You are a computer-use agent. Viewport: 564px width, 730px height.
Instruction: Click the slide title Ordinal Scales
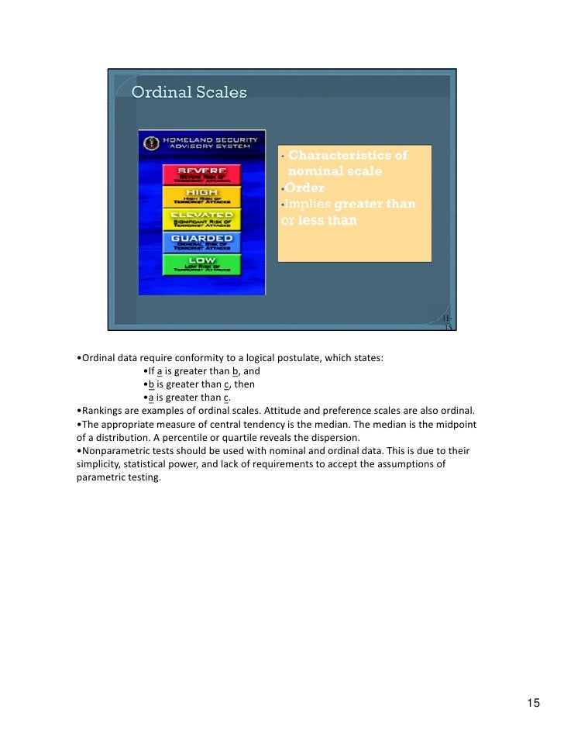(189, 93)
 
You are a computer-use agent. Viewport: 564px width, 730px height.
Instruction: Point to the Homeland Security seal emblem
(150, 143)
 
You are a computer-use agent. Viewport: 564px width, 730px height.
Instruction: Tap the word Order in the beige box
(304, 188)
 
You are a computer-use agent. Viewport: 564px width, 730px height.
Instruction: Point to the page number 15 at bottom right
(533, 703)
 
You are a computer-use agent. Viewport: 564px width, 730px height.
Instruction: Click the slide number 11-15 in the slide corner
(447, 324)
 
